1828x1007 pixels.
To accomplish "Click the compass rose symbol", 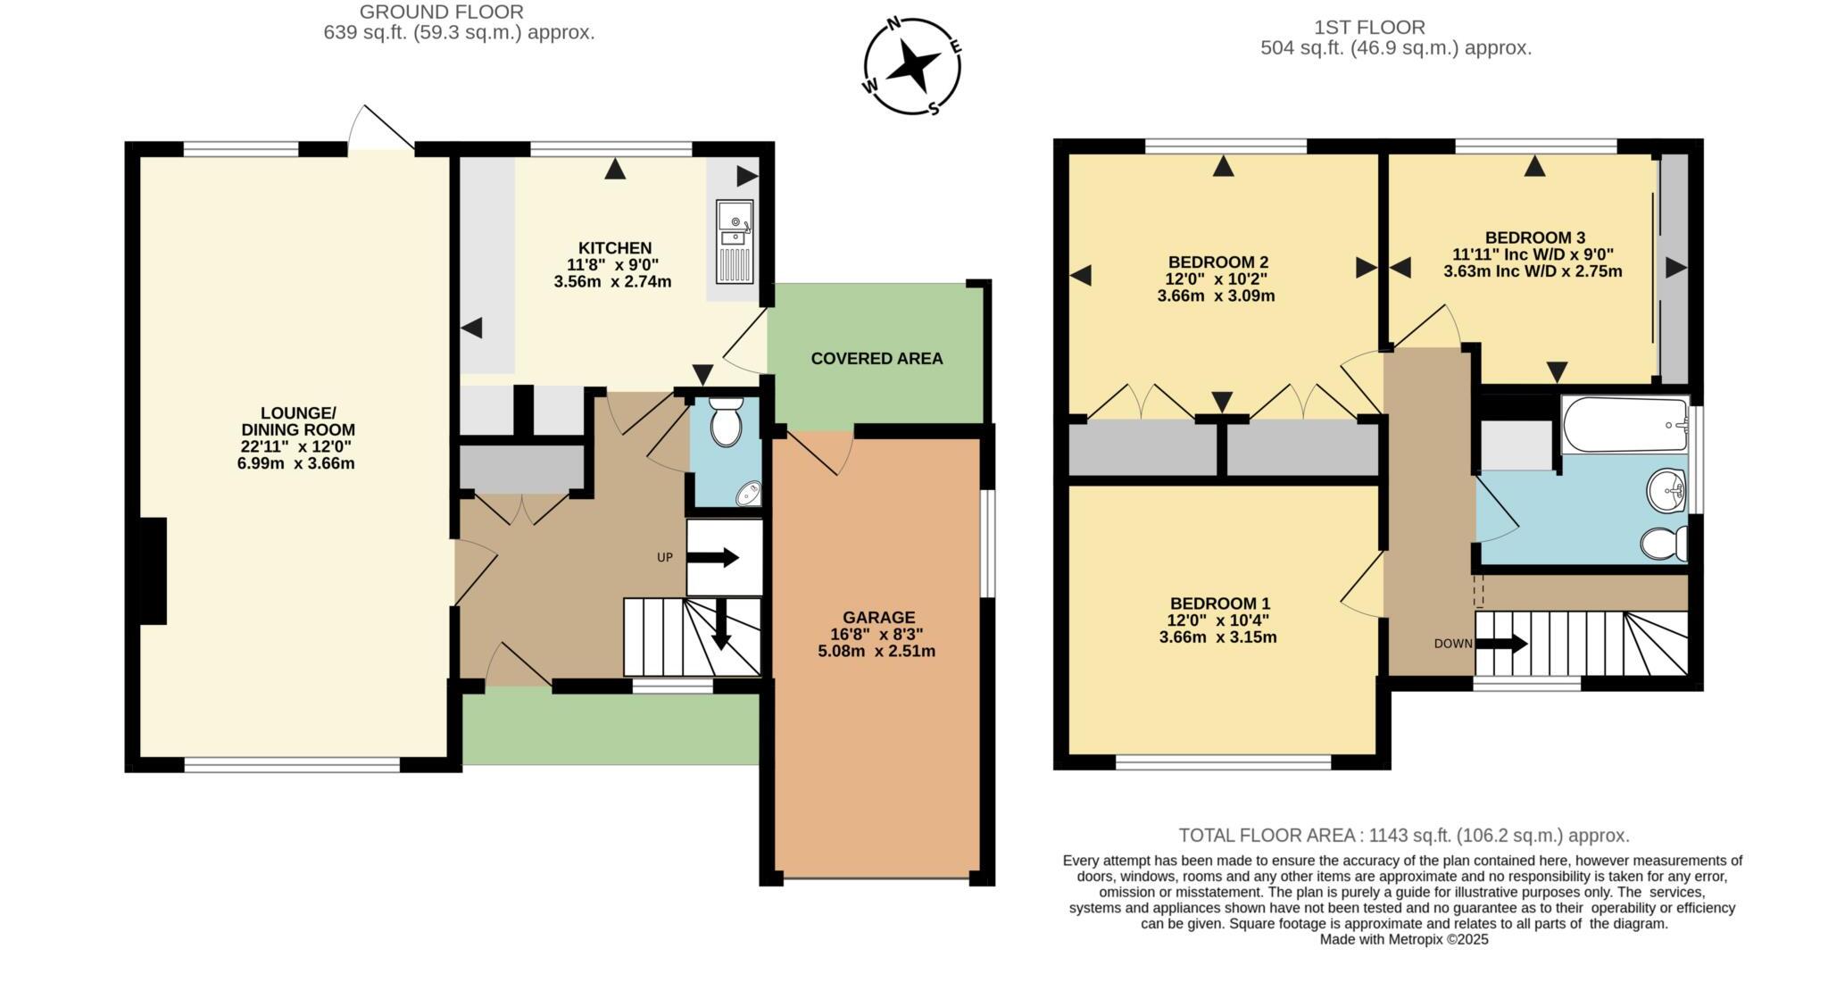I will [912, 66].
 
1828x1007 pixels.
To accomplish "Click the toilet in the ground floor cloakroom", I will [726, 423].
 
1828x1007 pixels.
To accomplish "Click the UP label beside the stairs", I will [664, 557].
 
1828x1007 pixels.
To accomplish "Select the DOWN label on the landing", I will [1453, 644].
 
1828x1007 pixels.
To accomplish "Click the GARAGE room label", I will [878, 617].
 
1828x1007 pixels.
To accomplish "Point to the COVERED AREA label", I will [877, 359].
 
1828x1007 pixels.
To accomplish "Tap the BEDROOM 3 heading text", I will [1534, 237].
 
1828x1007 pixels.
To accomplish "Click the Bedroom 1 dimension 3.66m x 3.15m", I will [1217, 637].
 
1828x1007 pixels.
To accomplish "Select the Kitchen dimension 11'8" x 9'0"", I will [612, 264].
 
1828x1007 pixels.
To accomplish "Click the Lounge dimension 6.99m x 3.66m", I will [295, 463].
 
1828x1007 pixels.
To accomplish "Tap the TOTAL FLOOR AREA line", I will [1403, 836].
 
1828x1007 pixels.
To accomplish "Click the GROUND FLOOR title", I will [441, 12].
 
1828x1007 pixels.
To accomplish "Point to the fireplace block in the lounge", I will [152, 570].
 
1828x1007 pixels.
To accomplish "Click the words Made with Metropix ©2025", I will [1403, 939].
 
